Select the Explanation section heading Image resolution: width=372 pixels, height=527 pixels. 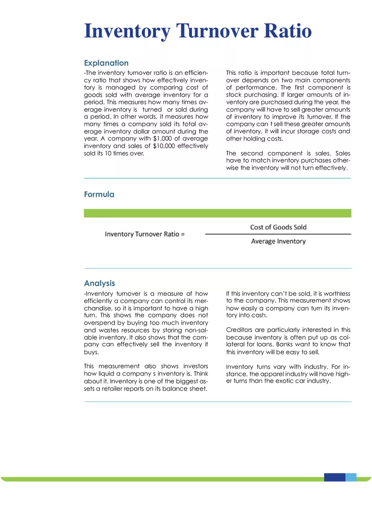(106, 63)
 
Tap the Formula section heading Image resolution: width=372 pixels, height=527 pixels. (99, 194)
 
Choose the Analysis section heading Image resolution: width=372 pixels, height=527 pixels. (99, 283)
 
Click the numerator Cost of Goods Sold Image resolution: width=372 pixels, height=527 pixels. (278, 227)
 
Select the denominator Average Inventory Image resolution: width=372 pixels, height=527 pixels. (278, 241)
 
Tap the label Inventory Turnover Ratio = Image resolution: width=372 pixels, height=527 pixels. (145, 234)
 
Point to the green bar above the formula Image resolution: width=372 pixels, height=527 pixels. (217, 213)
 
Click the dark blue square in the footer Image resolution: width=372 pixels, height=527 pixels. (334, 478)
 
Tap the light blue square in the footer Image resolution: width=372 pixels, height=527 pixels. (351, 478)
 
